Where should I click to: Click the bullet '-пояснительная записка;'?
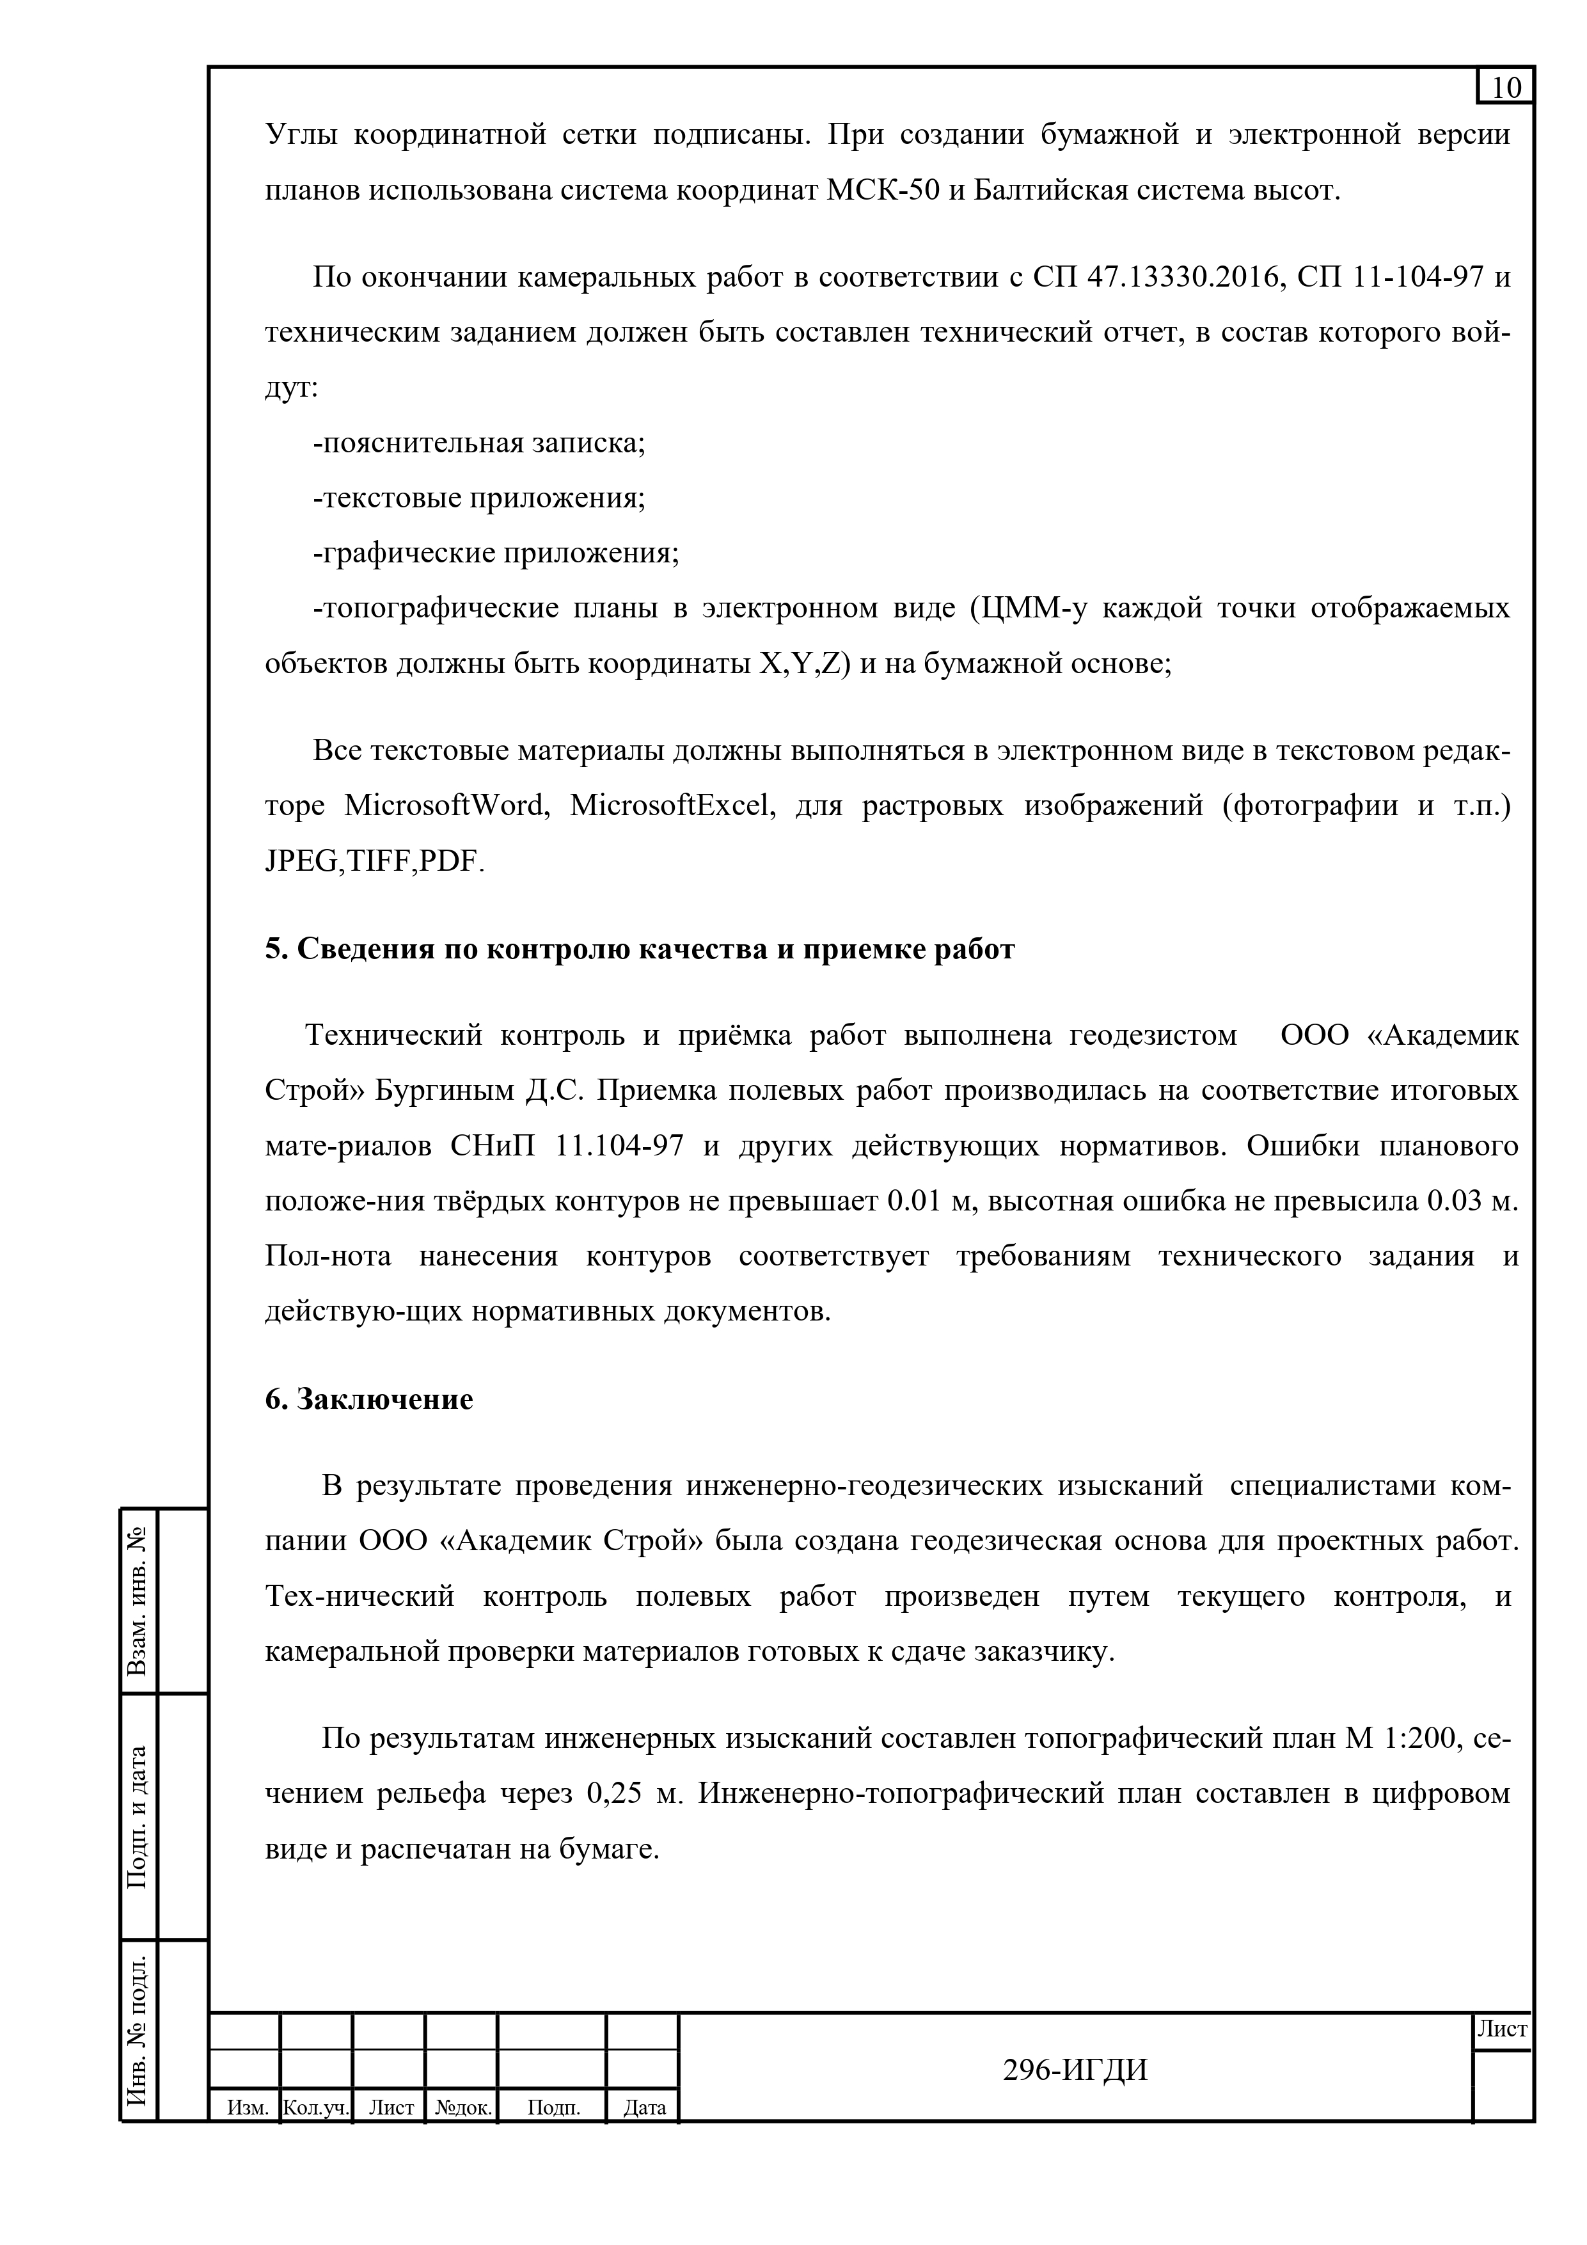click(479, 443)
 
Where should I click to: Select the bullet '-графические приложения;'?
click(496, 553)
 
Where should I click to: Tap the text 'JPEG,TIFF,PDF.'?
click(374, 861)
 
